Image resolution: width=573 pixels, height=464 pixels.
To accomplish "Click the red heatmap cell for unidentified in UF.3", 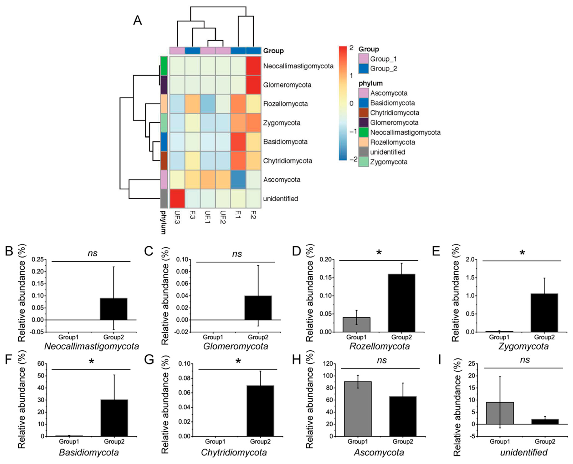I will pos(177,198).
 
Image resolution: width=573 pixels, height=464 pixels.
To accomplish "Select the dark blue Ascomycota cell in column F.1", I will pos(238,179).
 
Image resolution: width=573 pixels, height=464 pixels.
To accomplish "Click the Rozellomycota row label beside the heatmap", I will pos(285,104).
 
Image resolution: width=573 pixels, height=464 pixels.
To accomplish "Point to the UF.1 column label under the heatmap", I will pos(208,217).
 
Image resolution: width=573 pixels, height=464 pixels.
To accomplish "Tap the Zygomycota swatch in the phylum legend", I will pos(363,162).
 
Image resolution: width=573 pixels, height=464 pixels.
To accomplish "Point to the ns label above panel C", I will pos(237,254).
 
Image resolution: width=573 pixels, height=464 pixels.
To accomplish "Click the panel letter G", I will pos(149,360).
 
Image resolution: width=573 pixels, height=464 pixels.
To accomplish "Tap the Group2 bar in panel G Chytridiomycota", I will pos(260,411).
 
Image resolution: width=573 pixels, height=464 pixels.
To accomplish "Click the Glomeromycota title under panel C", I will pos(235,346).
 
